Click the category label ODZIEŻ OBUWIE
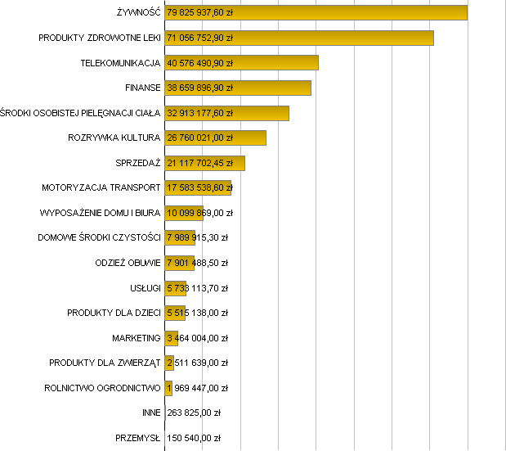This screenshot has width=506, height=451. (128, 263)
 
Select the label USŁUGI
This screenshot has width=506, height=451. (146, 288)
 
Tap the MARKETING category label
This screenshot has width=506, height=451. (137, 338)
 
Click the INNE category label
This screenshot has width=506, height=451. (151, 413)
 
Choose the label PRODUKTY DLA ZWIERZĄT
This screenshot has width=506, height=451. (105, 363)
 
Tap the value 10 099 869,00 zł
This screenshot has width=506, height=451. (199, 213)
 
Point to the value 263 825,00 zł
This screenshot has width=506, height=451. (194, 413)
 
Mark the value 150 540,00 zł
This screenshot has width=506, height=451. (194, 439)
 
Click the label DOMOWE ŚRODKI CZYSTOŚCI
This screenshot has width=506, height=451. (99, 238)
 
